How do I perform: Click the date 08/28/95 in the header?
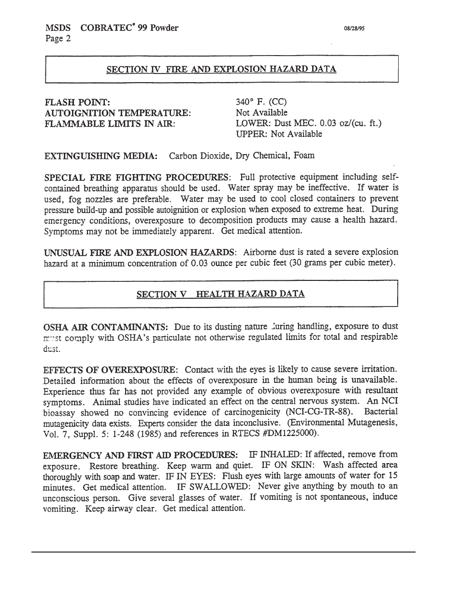pos(354,29)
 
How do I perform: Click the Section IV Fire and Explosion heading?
pos(221,69)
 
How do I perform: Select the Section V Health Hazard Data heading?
pos(220,294)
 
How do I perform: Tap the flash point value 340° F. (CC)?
pos(261,102)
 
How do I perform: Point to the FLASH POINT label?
pos(77,102)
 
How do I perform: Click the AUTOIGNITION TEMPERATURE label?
pos(117,113)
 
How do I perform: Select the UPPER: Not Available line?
pos(279,134)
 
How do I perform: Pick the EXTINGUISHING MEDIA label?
pos(101,156)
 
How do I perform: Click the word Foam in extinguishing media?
pos(304,156)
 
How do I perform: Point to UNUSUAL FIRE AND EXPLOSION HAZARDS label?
pos(140,252)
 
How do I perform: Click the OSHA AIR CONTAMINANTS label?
pos(106,327)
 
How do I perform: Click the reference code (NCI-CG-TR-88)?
pos(319,412)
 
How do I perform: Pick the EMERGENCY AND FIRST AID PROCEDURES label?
pos(140,455)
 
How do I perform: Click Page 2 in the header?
pos(58,39)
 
